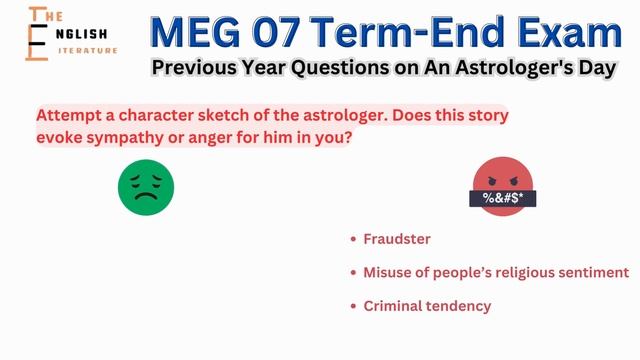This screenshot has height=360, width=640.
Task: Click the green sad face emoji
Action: (x=146, y=186)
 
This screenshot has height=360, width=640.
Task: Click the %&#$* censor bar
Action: (x=503, y=198)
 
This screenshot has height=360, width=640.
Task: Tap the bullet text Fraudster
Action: (x=397, y=239)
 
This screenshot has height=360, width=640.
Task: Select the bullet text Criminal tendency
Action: (x=427, y=306)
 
